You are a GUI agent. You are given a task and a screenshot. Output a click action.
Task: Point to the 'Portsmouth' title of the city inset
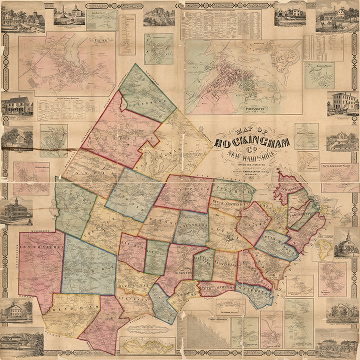click(284, 109)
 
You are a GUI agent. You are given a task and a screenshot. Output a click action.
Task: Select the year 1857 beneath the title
click(252, 177)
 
